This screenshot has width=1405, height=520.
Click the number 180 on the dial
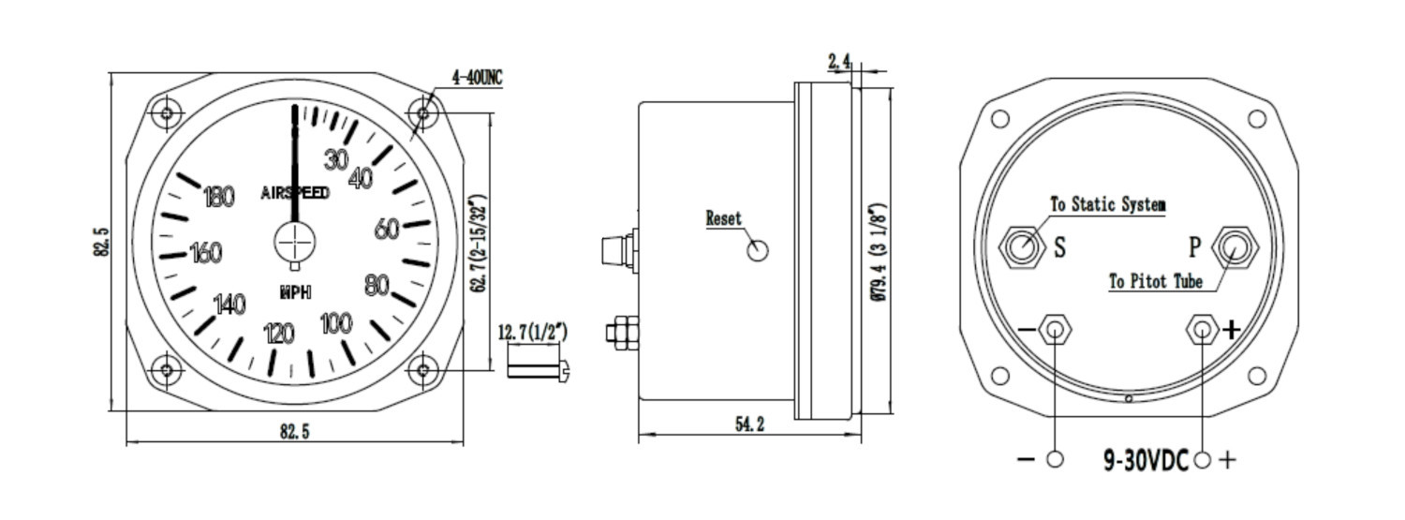[219, 197]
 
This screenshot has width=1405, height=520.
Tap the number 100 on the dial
[336, 323]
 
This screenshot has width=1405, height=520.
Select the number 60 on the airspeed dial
[387, 229]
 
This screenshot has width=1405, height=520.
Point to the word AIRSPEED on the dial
[295, 193]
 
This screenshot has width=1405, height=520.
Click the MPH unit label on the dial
[295, 292]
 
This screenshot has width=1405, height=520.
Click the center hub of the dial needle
[295, 242]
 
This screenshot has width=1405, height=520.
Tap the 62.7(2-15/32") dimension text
[479, 244]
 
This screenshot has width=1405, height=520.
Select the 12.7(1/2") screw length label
[533, 332]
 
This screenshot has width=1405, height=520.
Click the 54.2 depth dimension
[750, 424]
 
